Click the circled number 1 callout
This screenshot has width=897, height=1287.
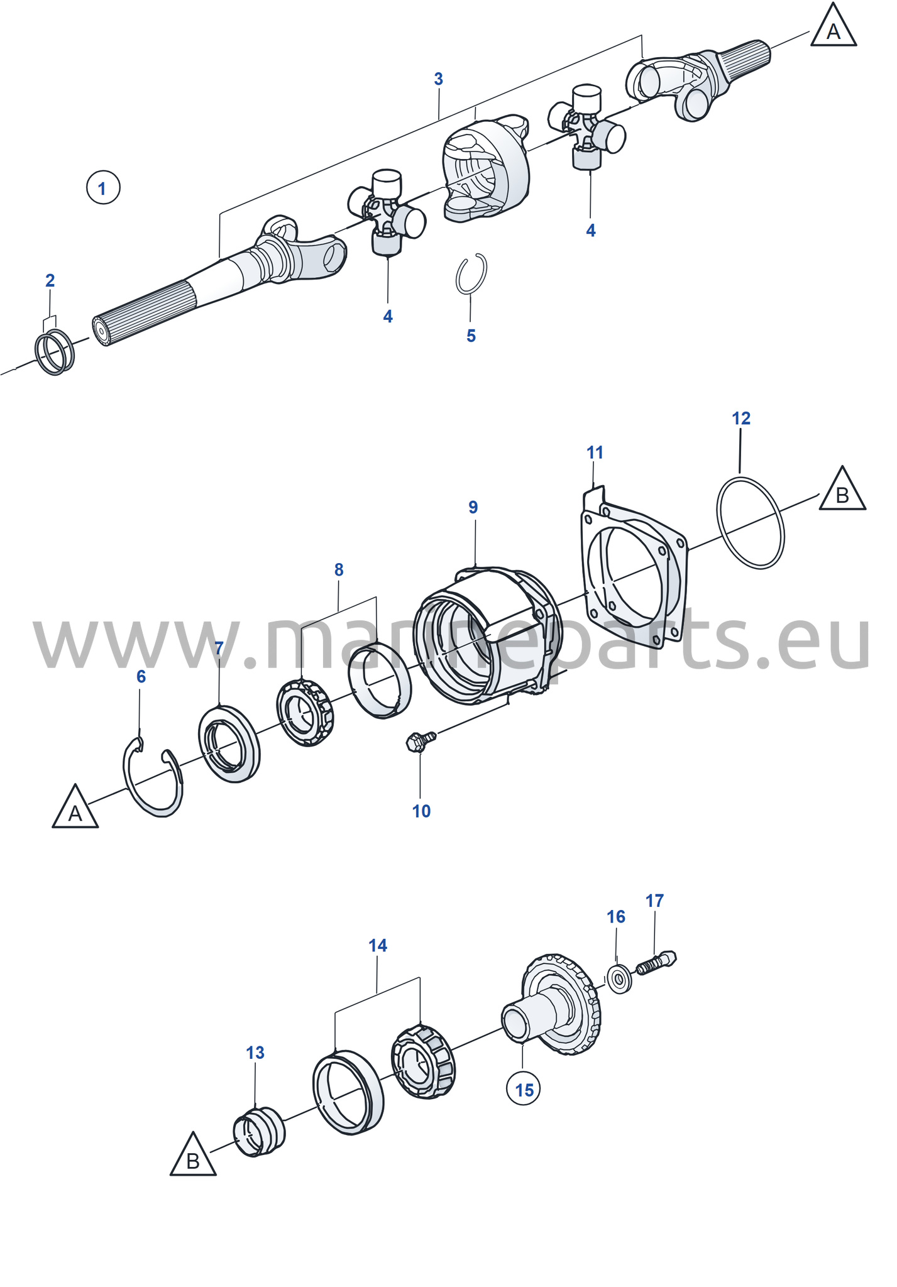[103, 187]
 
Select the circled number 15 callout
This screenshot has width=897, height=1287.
[524, 1089]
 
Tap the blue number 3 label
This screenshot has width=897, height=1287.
[438, 79]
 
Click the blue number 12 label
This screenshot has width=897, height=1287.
[741, 418]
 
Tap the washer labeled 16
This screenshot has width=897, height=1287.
[620, 978]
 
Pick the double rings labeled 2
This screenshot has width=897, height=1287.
[55, 352]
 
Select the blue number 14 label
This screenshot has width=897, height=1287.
[378, 945]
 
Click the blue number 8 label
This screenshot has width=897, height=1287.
[339, 570]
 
